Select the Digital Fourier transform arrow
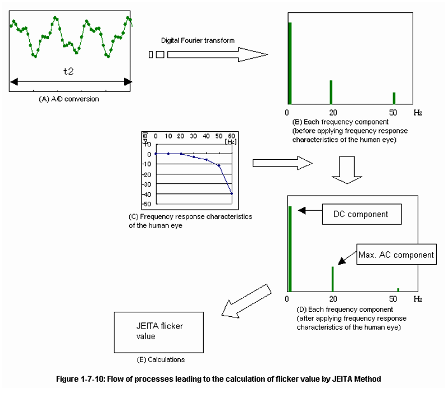pos(216,54)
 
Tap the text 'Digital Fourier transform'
pos(198,40)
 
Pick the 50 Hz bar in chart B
pos(394,98)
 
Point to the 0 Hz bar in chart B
pos(290,63)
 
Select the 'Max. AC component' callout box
pos(396,255)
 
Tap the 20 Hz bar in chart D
pos(332,279)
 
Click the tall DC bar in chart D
pos(290,248)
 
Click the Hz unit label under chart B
pos(418,112)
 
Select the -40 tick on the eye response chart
pos(148,194)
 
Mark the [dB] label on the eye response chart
pos(145,137)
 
